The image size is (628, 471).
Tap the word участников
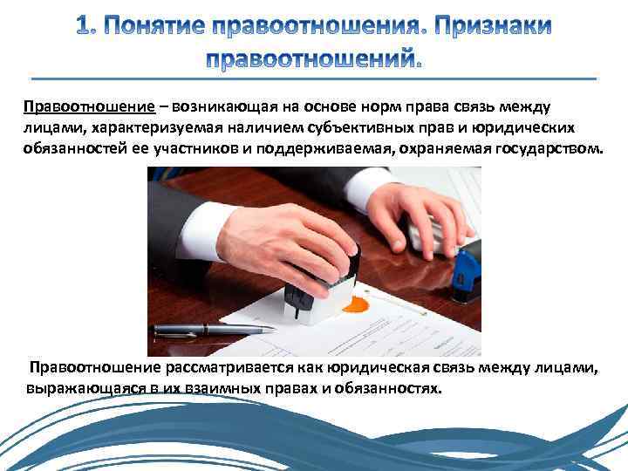click(191, 149)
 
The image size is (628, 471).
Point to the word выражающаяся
click(85, 387)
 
